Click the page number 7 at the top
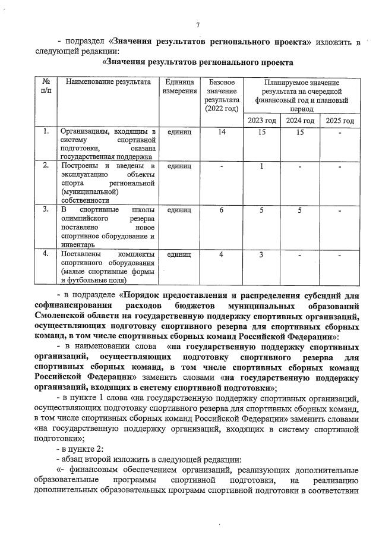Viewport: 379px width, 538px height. pos(198,24)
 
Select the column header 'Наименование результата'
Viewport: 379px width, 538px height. pos(108,81)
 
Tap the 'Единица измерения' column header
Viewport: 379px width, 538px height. pos(181,86)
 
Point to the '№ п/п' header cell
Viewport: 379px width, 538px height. pos(46,86)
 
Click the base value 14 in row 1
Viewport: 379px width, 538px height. pos(222,131)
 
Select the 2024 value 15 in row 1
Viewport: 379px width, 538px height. pos(300,131)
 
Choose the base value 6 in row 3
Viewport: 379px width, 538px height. pos(222,210)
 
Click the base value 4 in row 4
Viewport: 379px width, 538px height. pos(222,254)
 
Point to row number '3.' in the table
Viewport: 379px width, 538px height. pos(46,210)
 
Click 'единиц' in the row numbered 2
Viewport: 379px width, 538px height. pos(179,165)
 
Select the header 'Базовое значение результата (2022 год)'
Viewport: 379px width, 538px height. pos(222,95)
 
